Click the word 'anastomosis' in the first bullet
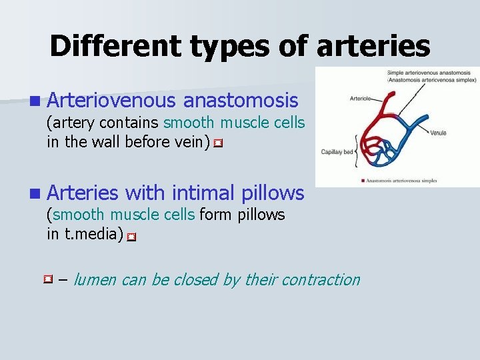pyautogui.click(x=241, y=101)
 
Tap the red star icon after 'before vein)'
pyautogui.click(x=217, y=143)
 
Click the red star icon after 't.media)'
pyautogui.click(x=131, y=236)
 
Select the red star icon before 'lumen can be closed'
pyautogui.click(x=48, y=279)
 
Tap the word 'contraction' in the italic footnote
pyautogui.click(x=323, y=280)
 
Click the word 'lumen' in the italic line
pyautogui.click(x=95, y=280)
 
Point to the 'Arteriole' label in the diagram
pyautogui.click(x=361, y=98)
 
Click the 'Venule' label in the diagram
pyautogui.click(x=438, y=133)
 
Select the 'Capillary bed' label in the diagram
pyautogui.click(x=337, y=152)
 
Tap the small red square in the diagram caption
pyautogui.click(x=361, y=180)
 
